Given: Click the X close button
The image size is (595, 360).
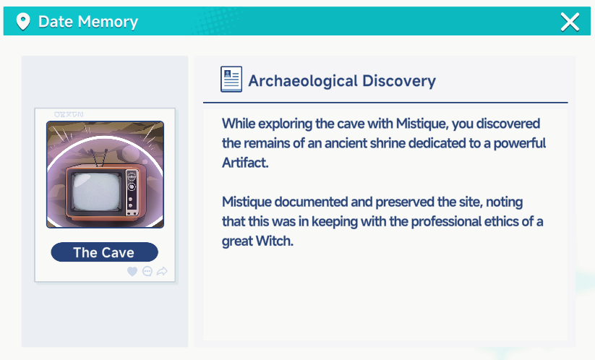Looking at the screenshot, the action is [x=570, y=22].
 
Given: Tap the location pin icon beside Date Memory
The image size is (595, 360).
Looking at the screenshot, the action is [x=22, y=21].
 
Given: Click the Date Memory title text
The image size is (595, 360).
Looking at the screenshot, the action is [x=88, y=22].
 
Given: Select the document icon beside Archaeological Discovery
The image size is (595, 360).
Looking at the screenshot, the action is [x=231, y=79].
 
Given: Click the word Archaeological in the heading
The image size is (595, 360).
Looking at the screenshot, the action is [x=303, y=81].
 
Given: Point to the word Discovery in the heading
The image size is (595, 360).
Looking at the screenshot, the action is [x=399, y=81].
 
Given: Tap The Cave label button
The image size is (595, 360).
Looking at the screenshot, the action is [x=104, y=252].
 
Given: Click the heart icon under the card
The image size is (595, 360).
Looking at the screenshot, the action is [x=132, y=271].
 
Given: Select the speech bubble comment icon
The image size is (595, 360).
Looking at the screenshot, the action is [x=147, y=271].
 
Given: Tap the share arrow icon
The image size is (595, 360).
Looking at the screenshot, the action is [x=162, y=271].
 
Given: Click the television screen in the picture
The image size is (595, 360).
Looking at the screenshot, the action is [x=96, y=192].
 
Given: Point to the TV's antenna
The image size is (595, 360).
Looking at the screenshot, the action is [x=98, y=158].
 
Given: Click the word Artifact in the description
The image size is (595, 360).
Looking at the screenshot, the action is [x=245, y=163].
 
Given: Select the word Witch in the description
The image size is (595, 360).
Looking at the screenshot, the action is [x=274, y=241].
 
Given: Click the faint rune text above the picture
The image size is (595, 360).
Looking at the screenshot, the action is [x=69, y=114].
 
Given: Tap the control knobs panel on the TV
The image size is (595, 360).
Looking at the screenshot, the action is [x=132, y=193].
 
